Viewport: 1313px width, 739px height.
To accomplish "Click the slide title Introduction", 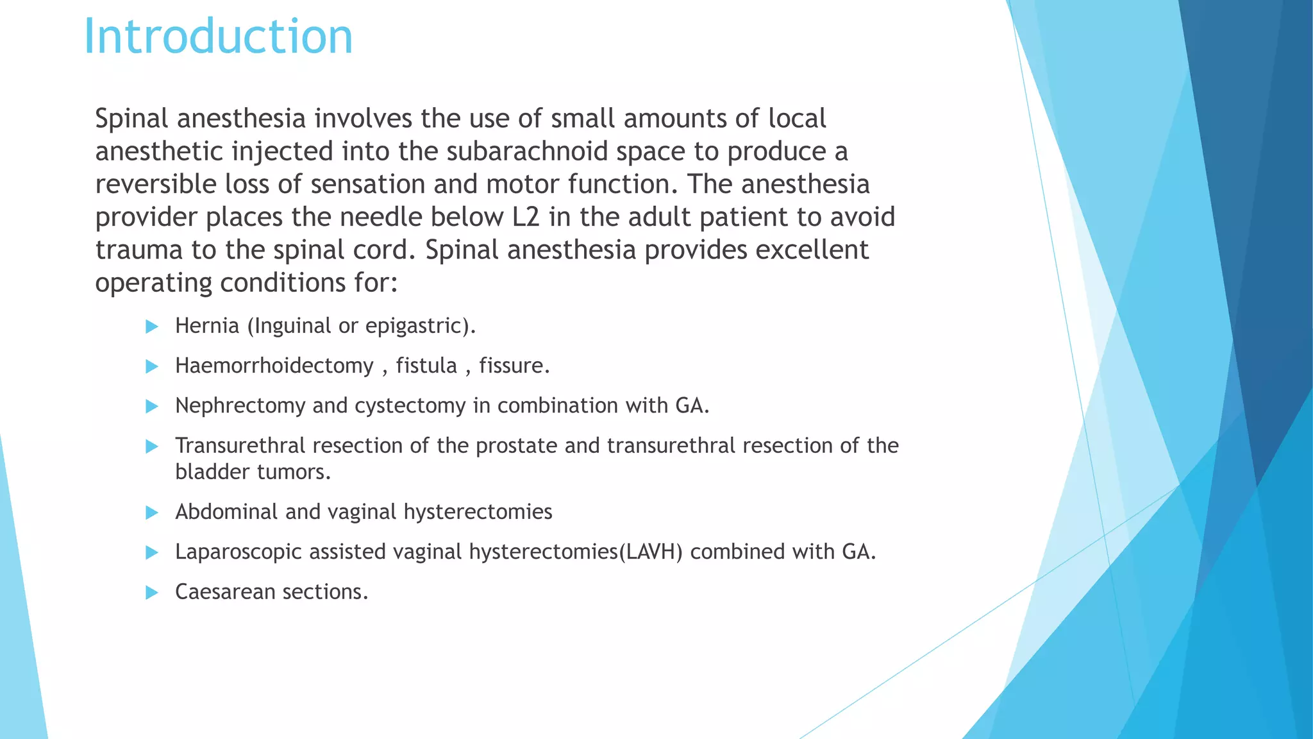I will (218, 37).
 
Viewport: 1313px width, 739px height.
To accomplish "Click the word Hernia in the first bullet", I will (207, 326).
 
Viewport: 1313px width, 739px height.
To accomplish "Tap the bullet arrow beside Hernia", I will (152, 327).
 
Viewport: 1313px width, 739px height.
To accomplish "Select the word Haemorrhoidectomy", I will (274, 366).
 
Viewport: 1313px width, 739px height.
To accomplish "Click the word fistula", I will (426, 366).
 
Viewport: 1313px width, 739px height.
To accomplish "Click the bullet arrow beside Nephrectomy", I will (152, 406).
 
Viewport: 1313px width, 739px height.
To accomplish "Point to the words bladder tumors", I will (253, 472).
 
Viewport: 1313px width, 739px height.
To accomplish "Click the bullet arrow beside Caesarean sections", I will (152, 592).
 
